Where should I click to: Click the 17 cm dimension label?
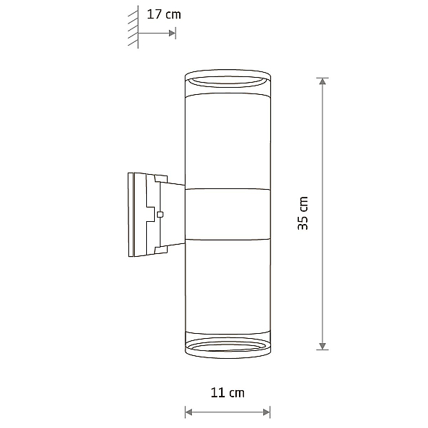click(164, 14)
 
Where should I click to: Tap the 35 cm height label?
click(302, 213)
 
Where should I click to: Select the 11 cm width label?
click(228, 393)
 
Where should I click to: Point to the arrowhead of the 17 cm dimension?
click(172, 34)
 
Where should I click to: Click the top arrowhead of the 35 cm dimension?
click(322, 81)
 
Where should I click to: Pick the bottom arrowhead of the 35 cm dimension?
click(322, 346)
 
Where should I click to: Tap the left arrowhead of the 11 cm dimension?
click(188, 412)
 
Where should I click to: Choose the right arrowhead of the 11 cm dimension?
click(266, 412)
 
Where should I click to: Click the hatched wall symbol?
click(133, 27)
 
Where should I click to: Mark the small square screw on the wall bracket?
click(160, 215)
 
